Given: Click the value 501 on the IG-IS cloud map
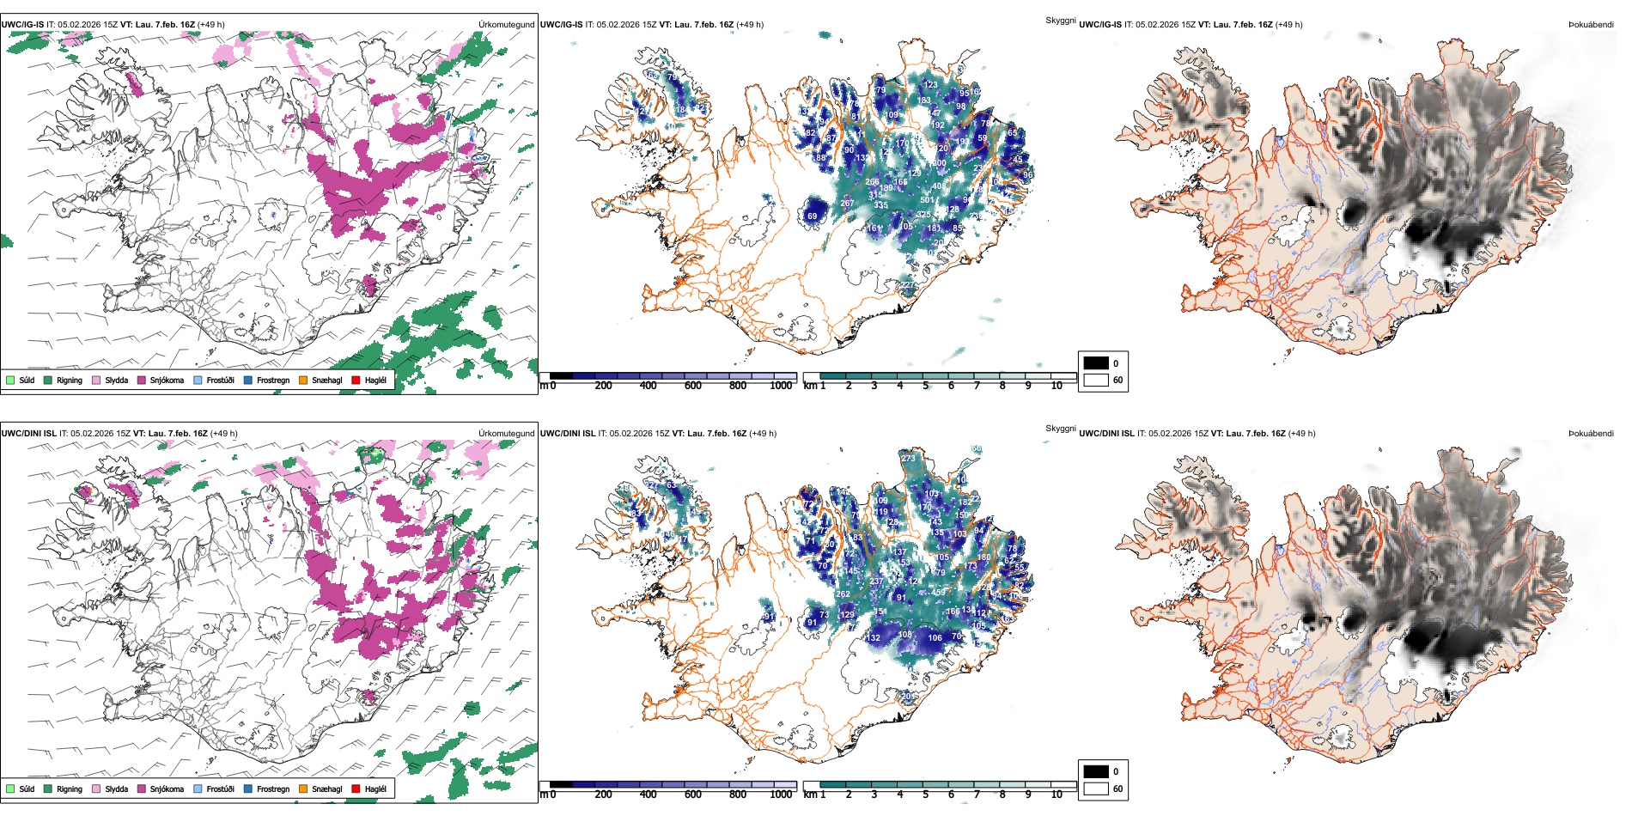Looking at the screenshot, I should pos(927,200).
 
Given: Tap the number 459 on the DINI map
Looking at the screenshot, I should pos(938,593).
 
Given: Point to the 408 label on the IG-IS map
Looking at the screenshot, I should pos(940,186).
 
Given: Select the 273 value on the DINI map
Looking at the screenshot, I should pos(909,459).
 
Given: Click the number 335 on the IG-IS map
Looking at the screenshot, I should pos(880,206).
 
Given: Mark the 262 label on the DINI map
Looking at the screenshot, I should pos(843,594).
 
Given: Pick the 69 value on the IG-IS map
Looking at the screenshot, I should pos(812,216).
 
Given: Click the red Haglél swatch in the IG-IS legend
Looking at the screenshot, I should pos(356,381).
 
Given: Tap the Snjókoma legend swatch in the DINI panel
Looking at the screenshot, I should pos(142,789).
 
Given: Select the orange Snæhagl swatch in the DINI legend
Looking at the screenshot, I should pos(303,789).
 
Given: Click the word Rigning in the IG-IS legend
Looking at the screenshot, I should pos(70,381).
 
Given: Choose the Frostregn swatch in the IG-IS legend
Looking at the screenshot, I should pos(248,381).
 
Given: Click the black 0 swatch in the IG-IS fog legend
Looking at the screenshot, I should pos(1096,363).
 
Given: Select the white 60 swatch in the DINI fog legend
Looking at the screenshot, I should pos(1096,789).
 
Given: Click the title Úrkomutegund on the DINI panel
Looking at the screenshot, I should pos(506,434).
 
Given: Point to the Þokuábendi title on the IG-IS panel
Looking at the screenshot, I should pos(1591,25).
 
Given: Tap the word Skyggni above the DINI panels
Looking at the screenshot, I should pos(1060,429).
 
